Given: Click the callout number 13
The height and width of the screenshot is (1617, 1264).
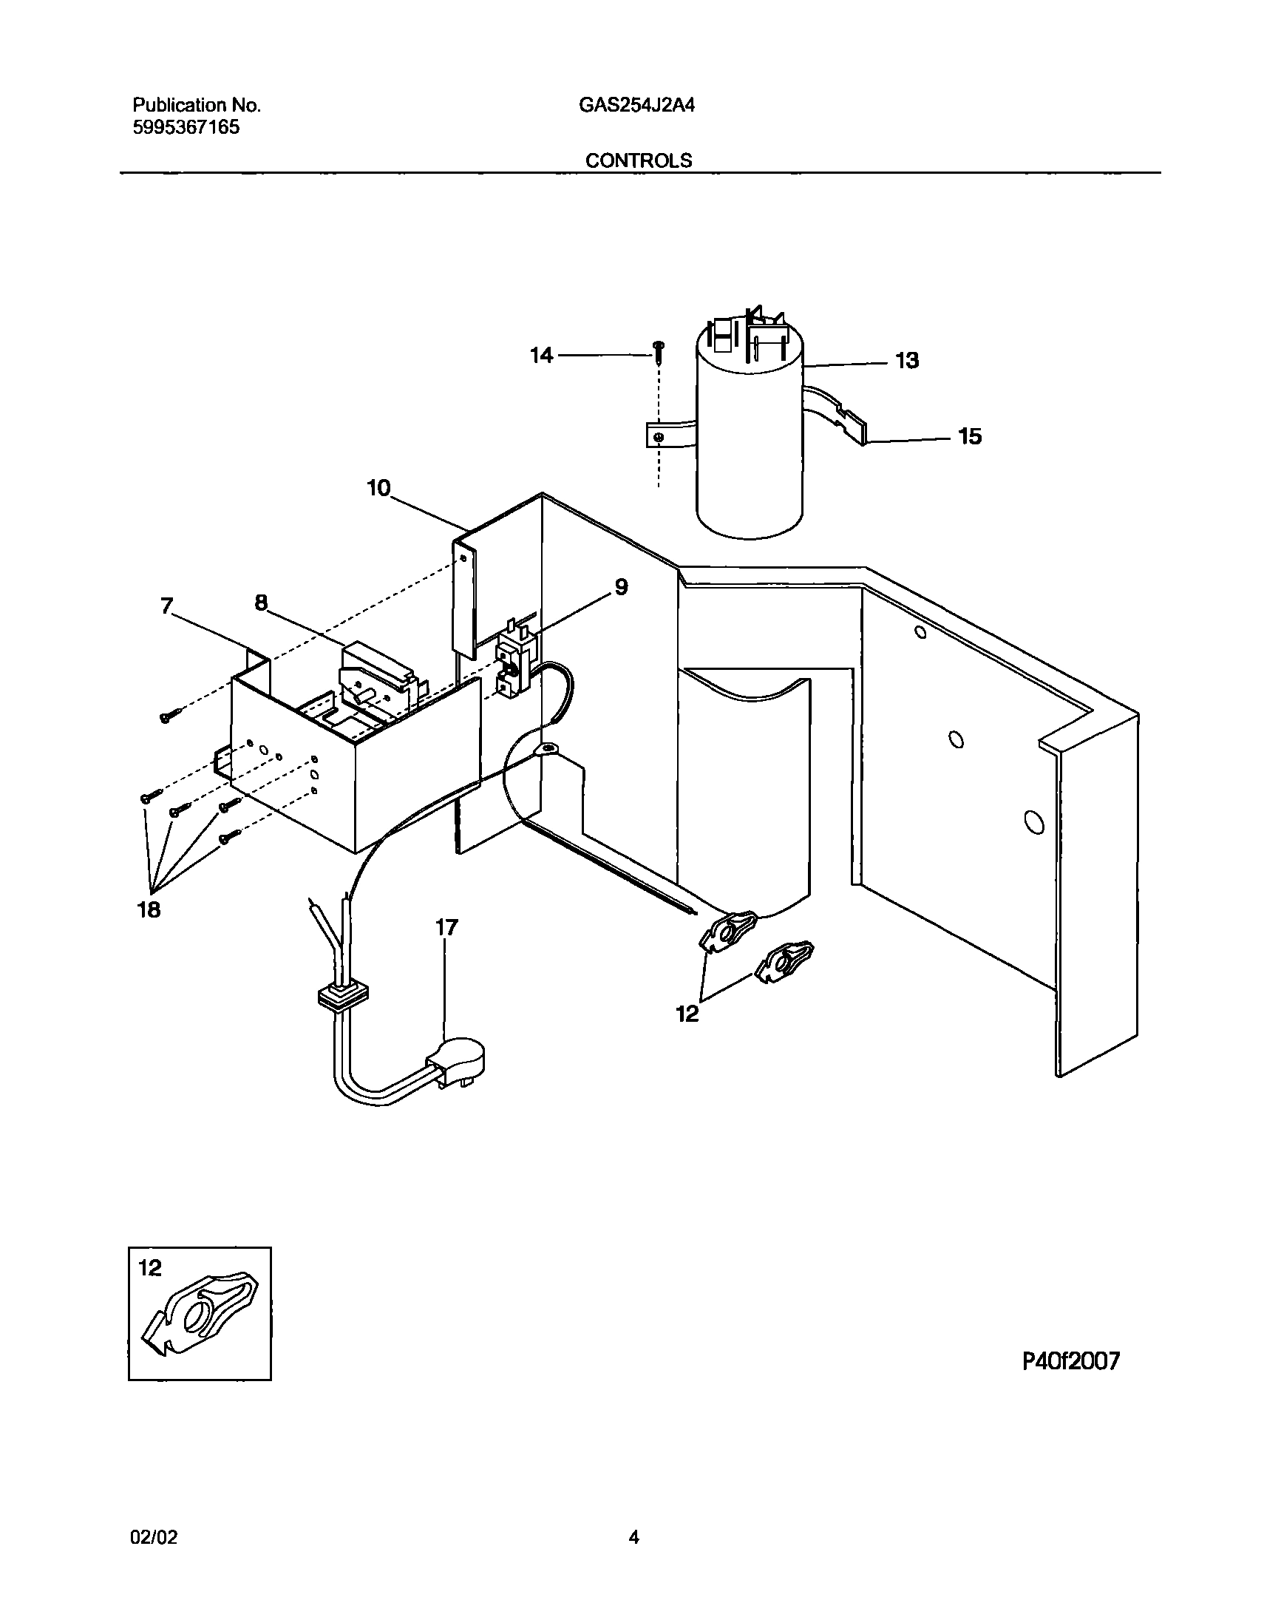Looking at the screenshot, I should (x=906, y=361).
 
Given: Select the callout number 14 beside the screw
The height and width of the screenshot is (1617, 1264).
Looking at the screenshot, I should (x=541, y=356).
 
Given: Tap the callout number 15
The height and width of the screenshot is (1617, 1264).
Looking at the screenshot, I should (x=970, y=437).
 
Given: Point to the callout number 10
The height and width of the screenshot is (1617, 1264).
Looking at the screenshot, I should (x=378, y=489).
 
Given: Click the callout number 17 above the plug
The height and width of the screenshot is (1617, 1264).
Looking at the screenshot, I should (x=446, y=927).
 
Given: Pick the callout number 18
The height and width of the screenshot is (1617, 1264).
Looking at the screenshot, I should (x=149, y=909).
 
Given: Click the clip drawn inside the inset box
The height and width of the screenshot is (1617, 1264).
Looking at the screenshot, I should (x=201, y=1318).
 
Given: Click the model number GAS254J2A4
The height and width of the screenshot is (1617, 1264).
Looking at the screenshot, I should (x=636, y=106).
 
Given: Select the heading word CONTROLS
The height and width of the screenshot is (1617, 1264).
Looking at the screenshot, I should (x=639, y=160).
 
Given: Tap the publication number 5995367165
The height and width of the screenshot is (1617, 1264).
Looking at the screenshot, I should (x=186, y=127).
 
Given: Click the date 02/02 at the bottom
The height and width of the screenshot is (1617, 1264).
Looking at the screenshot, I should (x=154, y=1538).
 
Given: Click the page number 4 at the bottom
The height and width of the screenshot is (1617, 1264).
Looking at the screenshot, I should (x=633, y=1538).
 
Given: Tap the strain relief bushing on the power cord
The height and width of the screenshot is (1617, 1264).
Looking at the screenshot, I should (x=342, y=997).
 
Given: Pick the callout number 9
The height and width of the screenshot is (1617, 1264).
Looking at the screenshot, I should (x=621, y=587).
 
